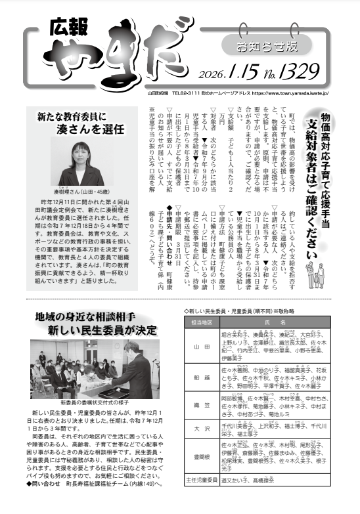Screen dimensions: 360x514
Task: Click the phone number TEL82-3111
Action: (x=185, y=93)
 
